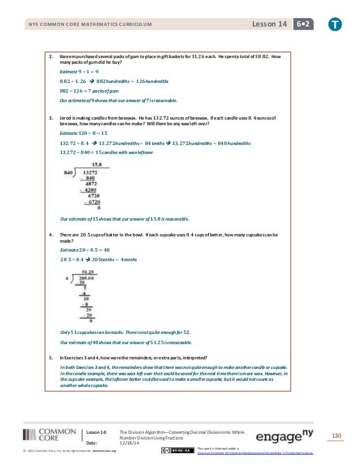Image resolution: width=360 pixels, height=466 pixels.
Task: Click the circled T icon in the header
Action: click(x=336, y=24)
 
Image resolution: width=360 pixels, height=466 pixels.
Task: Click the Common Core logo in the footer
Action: click(x=50, y=436)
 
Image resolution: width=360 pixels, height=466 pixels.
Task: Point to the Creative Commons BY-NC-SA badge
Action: click(x=177, y=450)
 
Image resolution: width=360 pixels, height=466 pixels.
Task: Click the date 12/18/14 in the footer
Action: click(x=130, y=443)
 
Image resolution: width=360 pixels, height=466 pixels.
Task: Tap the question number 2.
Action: click(x=51, y=56)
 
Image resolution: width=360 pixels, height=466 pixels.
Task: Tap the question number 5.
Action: click(x=51, y=358)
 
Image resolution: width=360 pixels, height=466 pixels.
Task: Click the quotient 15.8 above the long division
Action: click(x=89, y=165)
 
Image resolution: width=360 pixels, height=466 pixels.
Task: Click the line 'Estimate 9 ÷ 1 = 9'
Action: click(x=79, y=72)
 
